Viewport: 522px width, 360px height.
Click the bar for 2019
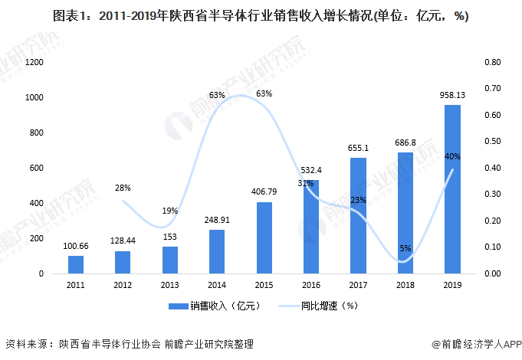[x=452, y=189]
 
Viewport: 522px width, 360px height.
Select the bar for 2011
[x=76, y=264]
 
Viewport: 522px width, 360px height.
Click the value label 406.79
[x=264, y=191]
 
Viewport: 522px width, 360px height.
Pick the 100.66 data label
[x=76, y=246]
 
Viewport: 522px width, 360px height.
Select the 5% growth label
[x=405, y=247]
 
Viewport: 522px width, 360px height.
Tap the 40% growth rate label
[x=452, y=156]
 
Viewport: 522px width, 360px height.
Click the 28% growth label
[x=123, y=187]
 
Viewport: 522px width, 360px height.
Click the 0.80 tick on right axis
[x=492, y=62]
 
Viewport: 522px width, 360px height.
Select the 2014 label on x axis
[x=217, y=285]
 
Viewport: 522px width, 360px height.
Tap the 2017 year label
[x=358, y=285]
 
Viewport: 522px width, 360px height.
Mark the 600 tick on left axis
[x=35, y=168]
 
